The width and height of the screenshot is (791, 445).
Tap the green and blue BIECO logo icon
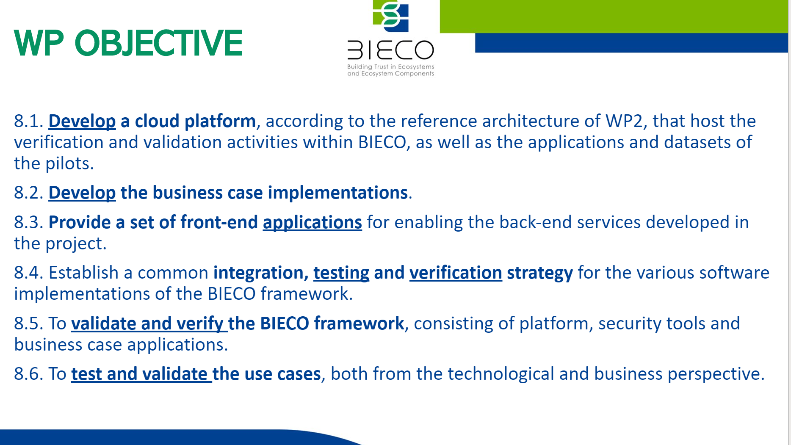click(391, 16)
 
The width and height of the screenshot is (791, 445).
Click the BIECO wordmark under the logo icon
click(390, 50)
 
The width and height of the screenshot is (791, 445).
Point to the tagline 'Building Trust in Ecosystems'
click(390, 66)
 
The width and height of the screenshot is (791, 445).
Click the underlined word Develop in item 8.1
click(82, 122)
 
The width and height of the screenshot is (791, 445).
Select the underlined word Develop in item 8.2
click(82, 193)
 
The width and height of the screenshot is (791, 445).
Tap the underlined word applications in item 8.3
click(313, 223)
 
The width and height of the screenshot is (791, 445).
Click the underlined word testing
click(341, 273)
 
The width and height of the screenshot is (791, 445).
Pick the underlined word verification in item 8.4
click(456, 273)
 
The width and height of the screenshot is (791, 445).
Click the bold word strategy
click(540, 273)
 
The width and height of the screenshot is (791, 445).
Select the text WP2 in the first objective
click(624, 121)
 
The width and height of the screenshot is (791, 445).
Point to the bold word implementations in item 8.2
click(338, 193)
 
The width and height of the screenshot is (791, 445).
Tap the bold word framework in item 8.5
click(359, 323)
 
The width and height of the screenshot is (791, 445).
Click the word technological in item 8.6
click(501, 374)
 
